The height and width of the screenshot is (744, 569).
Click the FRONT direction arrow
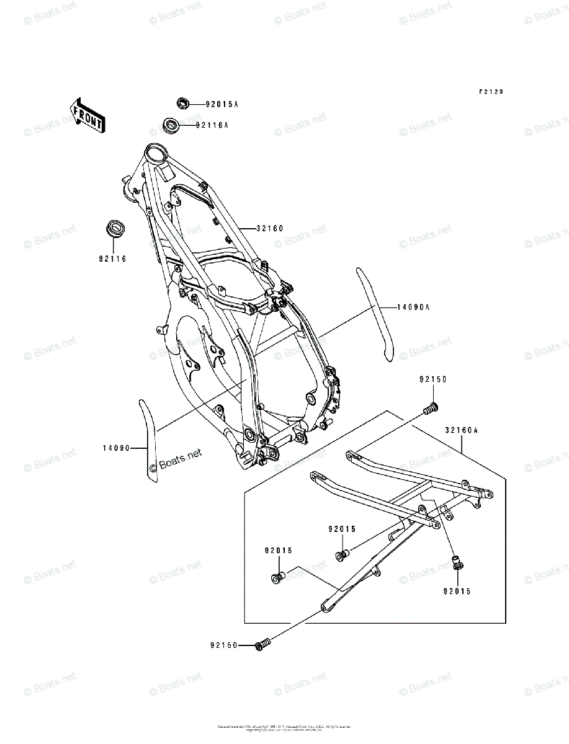(87, 115)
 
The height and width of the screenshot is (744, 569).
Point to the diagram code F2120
(490, 92)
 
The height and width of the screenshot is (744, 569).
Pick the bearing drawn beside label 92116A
(171, 125)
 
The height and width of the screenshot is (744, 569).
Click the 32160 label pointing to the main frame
(269, 228)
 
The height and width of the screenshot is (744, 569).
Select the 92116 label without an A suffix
(112, 259)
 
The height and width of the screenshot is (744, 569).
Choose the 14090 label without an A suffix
(116, 448)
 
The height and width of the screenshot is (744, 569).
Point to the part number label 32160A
(461, 429)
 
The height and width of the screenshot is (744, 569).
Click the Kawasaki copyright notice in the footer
(284, 727)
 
